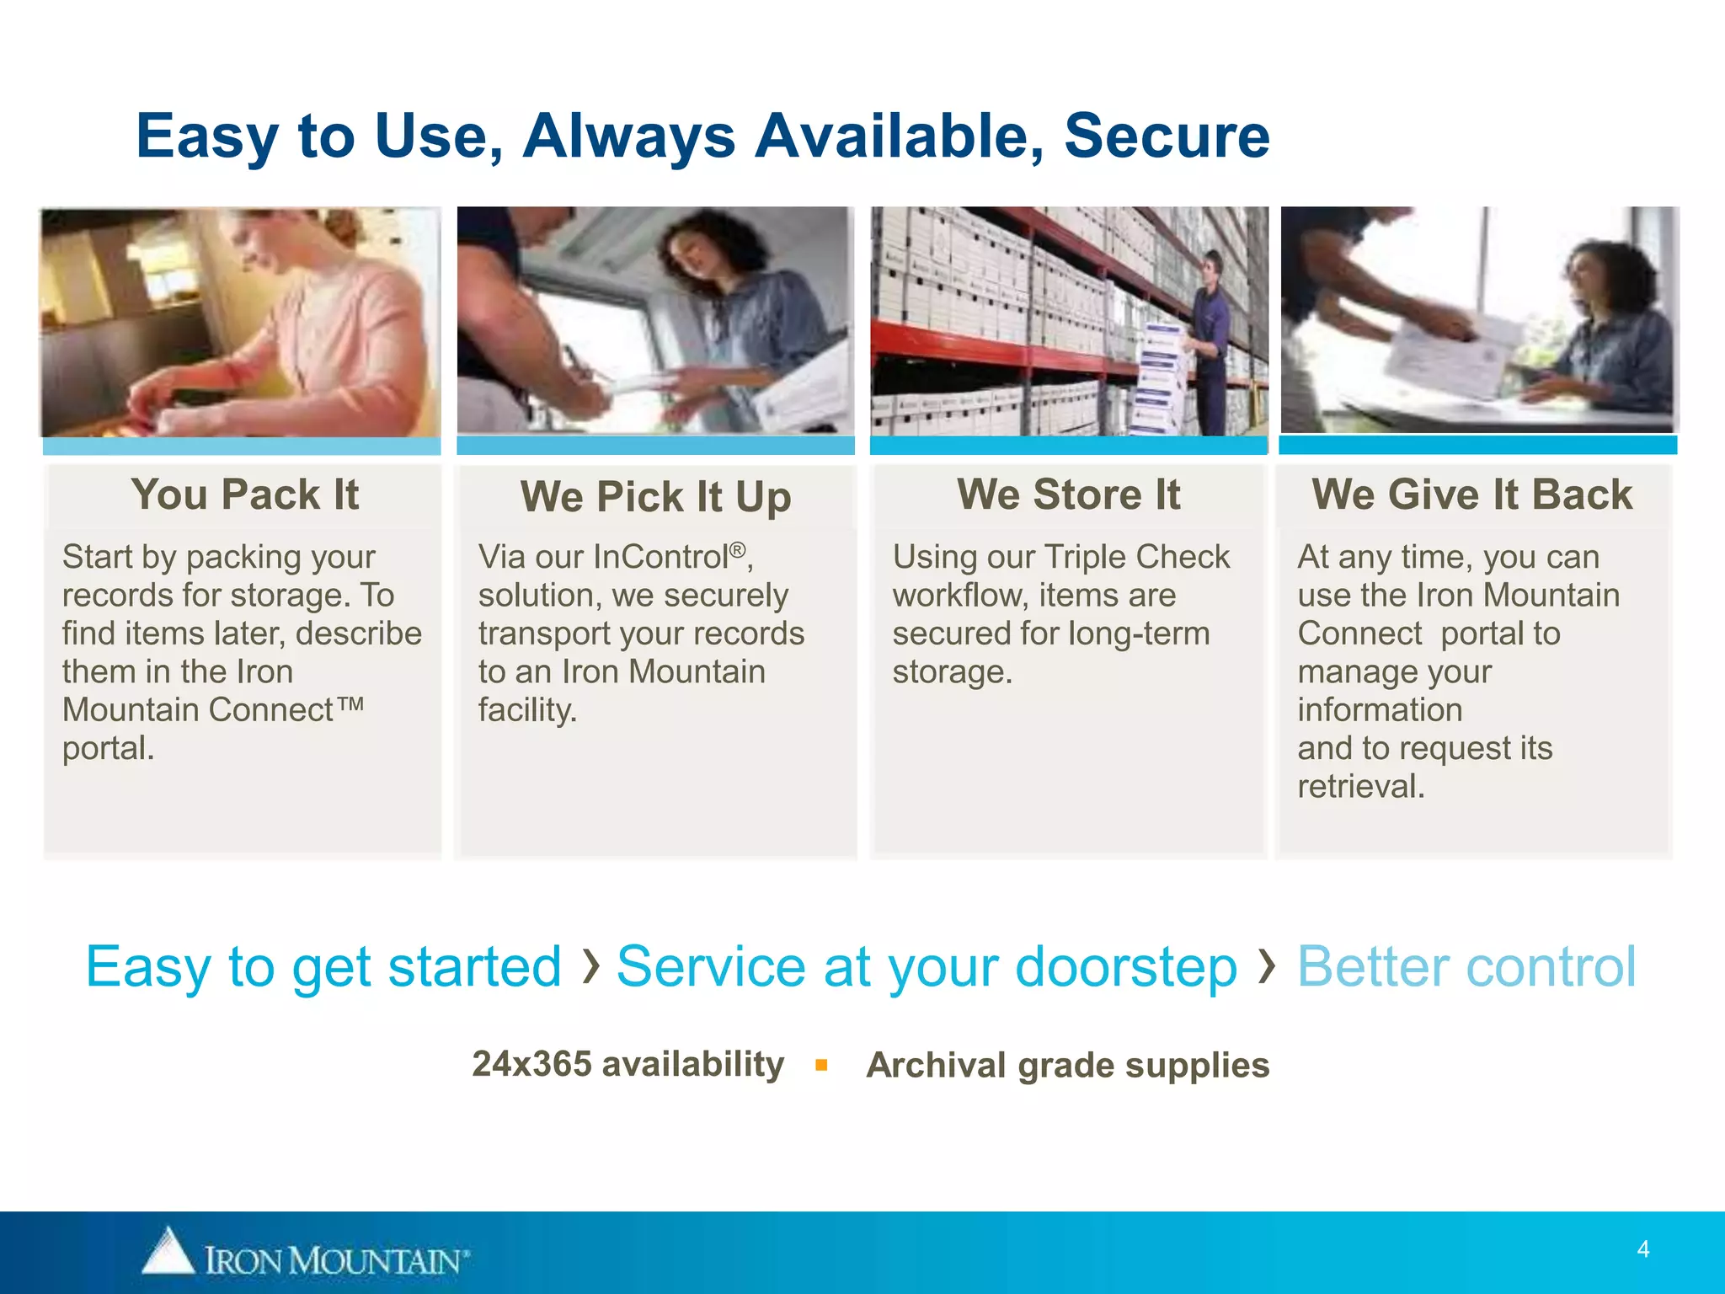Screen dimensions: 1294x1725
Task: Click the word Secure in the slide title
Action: pos(1167,136)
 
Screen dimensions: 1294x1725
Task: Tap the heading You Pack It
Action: pos(244,495)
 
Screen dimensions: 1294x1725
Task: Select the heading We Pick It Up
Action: pos(655,497)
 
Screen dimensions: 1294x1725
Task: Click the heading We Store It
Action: pos(1068,495)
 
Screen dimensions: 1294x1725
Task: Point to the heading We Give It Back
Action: pos(1471,495)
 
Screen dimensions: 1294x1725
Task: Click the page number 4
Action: pos(1642,1249)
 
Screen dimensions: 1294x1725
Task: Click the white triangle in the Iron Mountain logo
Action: pos(168,1250)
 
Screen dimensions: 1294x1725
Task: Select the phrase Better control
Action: pos(1466,966)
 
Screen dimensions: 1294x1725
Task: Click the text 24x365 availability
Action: pos(628,1065)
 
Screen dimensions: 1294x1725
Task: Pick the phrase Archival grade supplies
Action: pos(1067,1066)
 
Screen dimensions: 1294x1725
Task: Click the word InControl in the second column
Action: pos(660,558)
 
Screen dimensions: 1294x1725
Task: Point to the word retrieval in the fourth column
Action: pos(1360,787)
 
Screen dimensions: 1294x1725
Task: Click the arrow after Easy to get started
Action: pos(590,965)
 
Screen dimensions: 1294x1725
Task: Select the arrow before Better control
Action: pos(1265,965)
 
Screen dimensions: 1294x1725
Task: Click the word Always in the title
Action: pos(628,136)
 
